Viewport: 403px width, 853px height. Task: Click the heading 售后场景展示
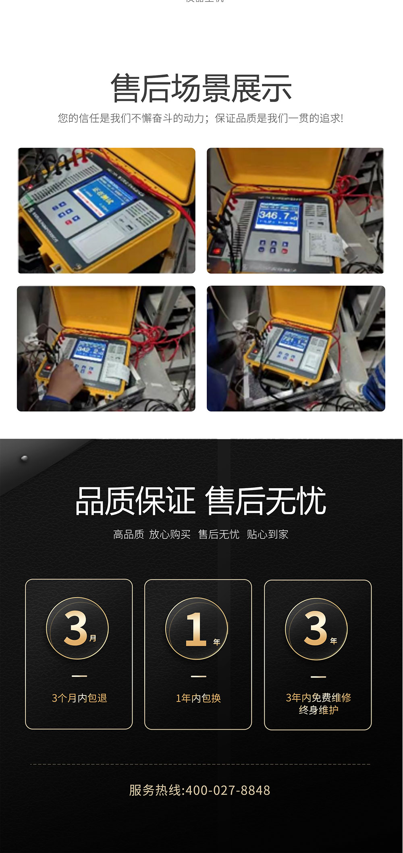201,88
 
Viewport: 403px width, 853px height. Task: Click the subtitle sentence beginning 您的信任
200,118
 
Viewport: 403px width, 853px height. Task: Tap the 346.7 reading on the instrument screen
278,216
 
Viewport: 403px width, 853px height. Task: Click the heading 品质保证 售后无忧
200,501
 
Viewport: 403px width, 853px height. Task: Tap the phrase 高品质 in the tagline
128,535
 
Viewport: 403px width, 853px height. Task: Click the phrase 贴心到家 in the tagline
268,535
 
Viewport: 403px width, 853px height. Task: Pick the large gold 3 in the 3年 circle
315,628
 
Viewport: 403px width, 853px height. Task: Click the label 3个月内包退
79,698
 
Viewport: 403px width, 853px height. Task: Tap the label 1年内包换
198,698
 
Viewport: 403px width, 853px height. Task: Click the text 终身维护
318,710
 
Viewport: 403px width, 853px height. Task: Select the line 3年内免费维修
318,698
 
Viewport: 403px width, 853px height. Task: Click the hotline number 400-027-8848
227,790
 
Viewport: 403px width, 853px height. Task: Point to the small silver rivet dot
24,458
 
